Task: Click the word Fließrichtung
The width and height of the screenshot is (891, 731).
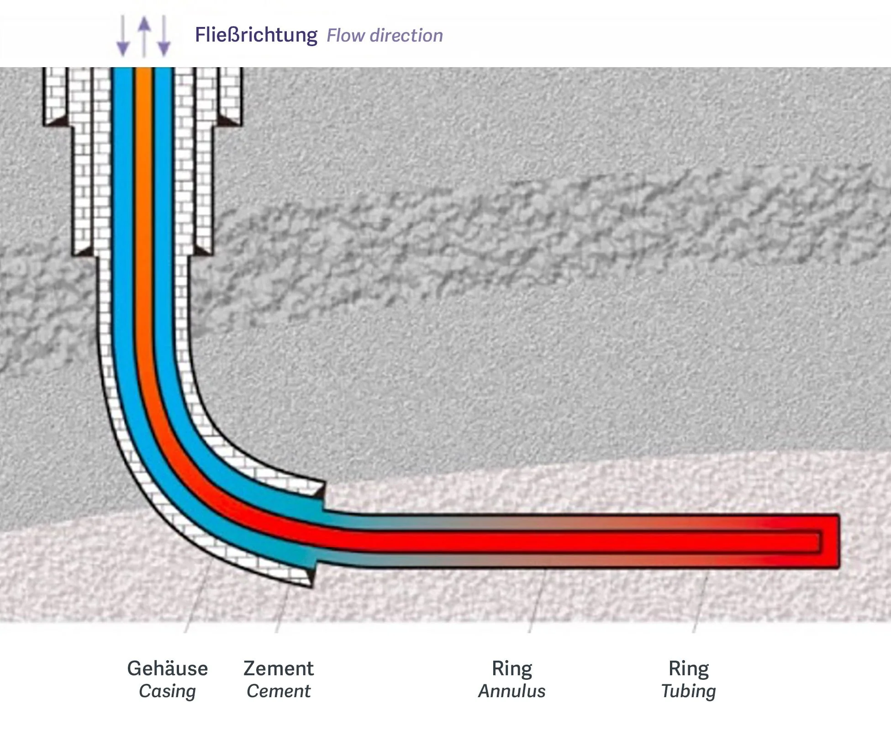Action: [x=256, y=35]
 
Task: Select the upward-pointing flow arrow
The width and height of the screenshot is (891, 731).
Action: [x=144, y=37]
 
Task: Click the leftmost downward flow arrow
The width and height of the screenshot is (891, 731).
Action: [x=123, y=37]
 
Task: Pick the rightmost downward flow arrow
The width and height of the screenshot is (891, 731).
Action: [x=164, y=37]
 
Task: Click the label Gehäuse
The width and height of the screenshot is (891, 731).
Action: [x=167, y=668]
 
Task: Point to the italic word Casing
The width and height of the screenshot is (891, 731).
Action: [x=167, y=691]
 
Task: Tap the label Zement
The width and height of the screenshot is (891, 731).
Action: [x=279, y=668]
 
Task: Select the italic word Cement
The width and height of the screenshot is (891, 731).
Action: [x=279, y=691]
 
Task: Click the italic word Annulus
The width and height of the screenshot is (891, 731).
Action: [x=511, y=691]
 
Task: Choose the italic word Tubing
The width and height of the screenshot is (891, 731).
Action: [x=689, y=691]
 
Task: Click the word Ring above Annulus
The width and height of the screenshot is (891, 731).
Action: [x=511, y=668]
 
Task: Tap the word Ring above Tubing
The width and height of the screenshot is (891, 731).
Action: [x=689, y=668]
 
